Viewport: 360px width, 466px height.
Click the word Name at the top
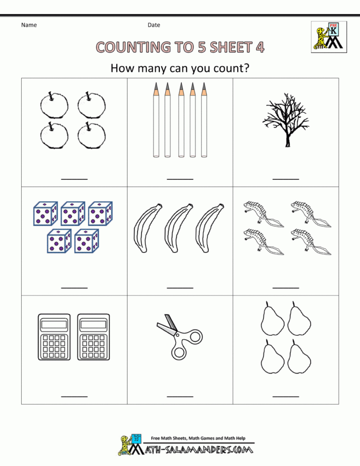tap(29, 25)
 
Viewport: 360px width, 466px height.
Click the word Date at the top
tap(154, 25)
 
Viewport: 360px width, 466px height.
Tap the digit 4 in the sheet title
tap(259, 47)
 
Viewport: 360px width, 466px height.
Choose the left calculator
tap(54, 337)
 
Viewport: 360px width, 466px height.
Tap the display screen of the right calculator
tap(94, 325)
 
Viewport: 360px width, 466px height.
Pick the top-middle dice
tap(73, 213)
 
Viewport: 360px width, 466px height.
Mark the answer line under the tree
tap(286, 179)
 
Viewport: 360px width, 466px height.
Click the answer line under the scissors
tap(180, 396)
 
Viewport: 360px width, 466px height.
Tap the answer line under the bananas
tap(180, 288)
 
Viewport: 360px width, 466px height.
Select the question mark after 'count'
tap(246, 68)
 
